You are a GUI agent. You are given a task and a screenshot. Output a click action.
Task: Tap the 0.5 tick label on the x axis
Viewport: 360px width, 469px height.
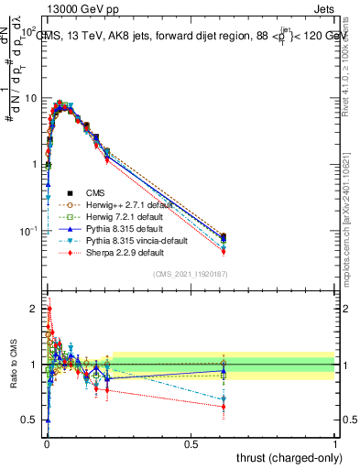(x=191, y=444)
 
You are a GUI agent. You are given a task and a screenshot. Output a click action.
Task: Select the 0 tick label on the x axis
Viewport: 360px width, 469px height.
(x=46, y=444)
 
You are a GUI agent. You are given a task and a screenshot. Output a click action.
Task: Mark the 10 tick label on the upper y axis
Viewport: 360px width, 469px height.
(x=30, y=98)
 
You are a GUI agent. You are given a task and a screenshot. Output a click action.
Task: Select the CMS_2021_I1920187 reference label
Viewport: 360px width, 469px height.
(x=190, y=275)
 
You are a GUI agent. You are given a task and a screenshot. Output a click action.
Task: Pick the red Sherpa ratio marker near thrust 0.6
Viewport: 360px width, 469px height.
(x=223, y=407)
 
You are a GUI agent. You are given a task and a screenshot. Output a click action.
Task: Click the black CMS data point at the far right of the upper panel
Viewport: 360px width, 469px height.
(x=223, y=237)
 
